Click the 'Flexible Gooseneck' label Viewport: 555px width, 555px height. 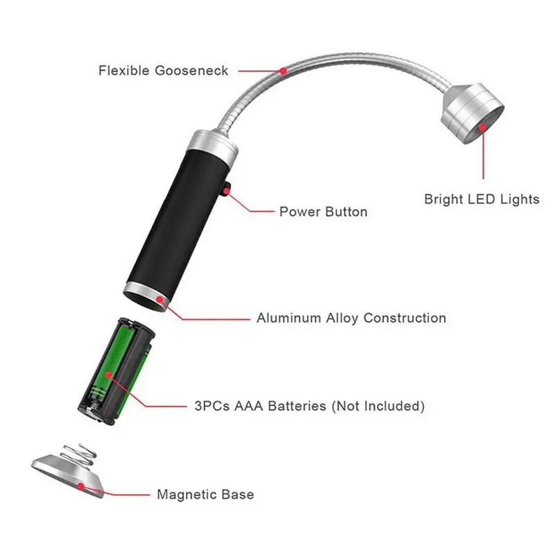tap(163, 71)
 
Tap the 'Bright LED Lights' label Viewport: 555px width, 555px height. tap(481, 199)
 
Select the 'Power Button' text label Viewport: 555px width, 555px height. tap(323, 212)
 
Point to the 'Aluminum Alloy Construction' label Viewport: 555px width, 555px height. tap(351, 318)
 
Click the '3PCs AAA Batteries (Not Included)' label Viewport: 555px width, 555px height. tap(309, 406)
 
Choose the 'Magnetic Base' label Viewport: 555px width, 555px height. tap(205, 494)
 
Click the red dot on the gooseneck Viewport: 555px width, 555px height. tap(283, 71)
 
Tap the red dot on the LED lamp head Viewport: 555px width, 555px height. tap(483, 127)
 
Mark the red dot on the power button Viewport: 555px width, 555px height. tap(226, 191)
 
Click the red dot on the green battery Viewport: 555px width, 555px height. tap(109, 375)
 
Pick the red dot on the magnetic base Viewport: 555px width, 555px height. tap(81, 486)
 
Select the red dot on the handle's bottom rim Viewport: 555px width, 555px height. tap(160, 300)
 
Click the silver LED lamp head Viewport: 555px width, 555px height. tap(472, 113)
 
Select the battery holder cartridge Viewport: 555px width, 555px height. tap(117, 370)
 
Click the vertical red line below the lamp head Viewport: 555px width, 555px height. tap(483, 153)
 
